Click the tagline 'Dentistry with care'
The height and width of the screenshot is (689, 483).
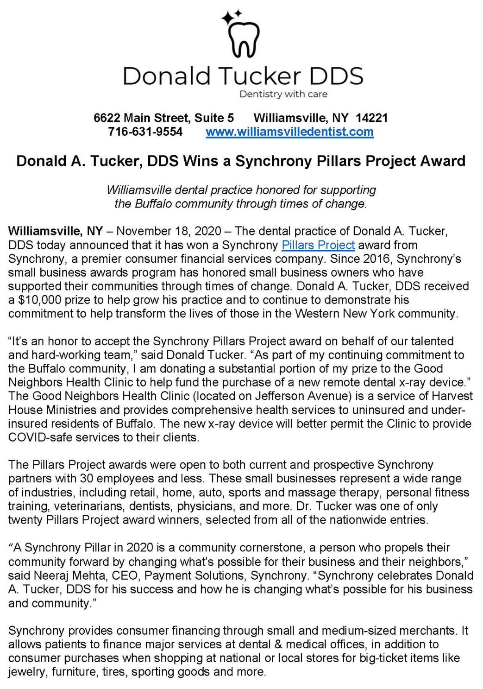click(x=283, y=94)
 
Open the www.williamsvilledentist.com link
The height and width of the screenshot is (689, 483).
click(x=289, y=132)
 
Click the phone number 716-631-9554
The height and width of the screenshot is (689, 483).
click(x=145, y=132)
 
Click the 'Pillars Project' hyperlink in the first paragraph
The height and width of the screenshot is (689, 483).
click(x=318, y=245)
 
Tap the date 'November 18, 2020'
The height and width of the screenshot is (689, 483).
click(x=169, y=231)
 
